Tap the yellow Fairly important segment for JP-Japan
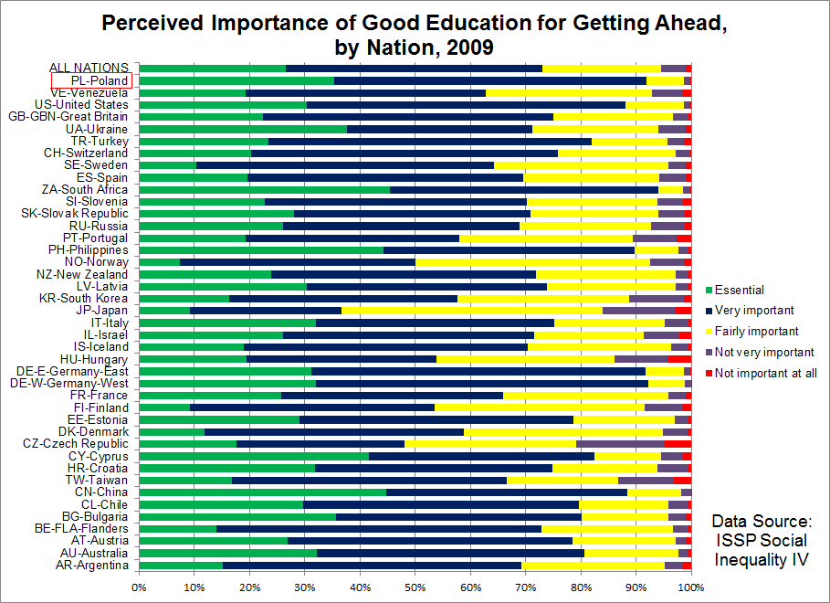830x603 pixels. pyautogui.click(x=472, y=311)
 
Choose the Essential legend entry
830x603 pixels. pyautogui.click(x=739, y=290)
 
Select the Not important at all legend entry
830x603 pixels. pyautogui.click(x=765, y=373)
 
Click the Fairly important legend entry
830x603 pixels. pyautogui.click(x=755, y=331)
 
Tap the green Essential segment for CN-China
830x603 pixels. pyautogui.click(x=262, y=492)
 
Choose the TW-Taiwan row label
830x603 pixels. pyautogui.click(x=97, y=479)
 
